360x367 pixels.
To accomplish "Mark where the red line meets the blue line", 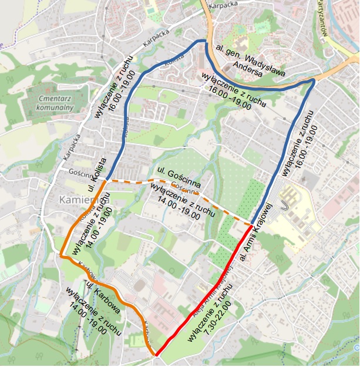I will click(252, 225).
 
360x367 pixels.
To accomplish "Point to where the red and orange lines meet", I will click(157, 354).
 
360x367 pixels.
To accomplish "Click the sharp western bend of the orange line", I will click(62, 255).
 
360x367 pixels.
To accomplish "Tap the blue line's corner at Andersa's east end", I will click(314, 82).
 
